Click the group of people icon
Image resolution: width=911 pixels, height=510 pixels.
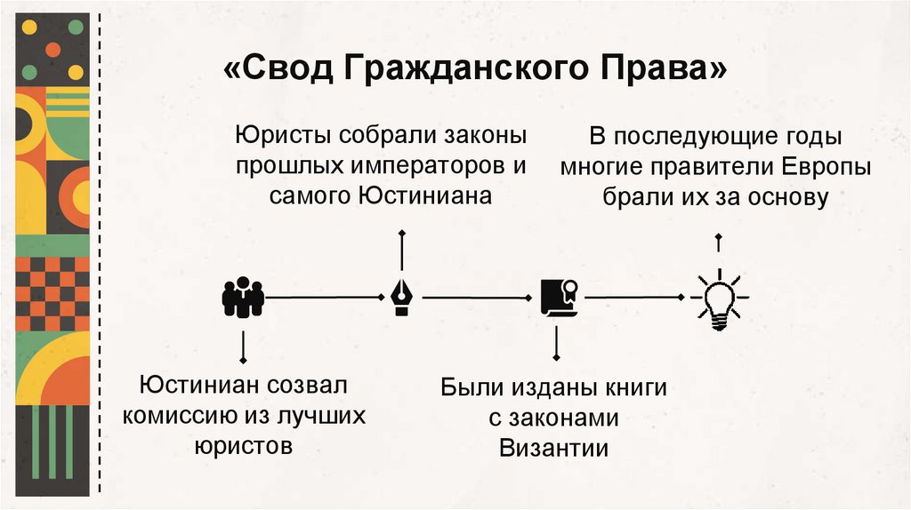click(242, 298)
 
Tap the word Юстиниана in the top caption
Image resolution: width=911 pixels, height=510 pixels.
click(425, 195)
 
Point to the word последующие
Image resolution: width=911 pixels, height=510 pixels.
click(701, 139)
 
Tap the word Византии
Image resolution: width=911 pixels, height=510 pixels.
click(553, 447)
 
